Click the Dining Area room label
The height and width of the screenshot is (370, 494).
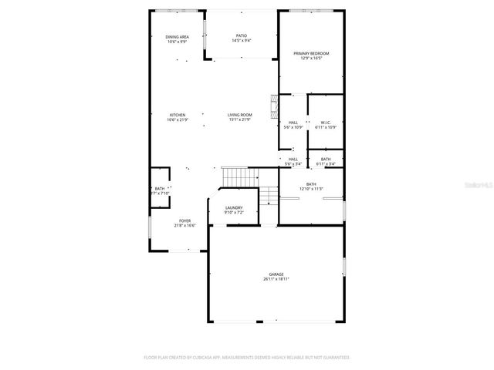point(178,37)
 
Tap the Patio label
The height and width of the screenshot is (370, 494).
point(242,36)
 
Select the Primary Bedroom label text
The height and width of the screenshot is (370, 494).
point(310,53)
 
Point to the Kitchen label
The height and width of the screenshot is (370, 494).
point(178,115)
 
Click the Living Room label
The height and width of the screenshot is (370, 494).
point(240,115)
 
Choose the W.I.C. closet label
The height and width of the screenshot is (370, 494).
point(325,122)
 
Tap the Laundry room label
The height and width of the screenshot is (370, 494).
point(234,207)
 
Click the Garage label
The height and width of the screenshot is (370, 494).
point(276,274)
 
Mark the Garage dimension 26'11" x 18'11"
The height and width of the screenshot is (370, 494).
point(276,279)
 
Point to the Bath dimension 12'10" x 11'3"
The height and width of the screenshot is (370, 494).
point(311,189)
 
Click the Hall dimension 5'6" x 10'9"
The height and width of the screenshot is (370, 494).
point(293,126)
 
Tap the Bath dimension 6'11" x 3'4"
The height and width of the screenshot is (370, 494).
point(326,164)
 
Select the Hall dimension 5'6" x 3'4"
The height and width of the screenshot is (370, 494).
point(293,164)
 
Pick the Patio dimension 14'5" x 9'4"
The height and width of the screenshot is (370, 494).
point(242,41)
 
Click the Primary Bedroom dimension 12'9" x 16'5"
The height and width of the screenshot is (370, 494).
point(310,58)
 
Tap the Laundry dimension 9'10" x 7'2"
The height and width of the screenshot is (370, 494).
point(234,212)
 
